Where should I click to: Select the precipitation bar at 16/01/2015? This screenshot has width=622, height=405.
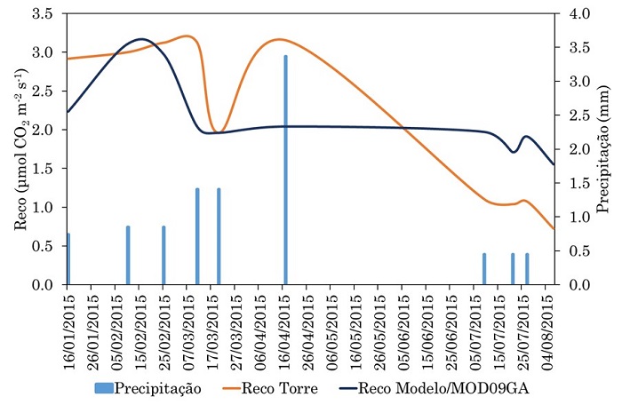pyautogui.click(x=68, y=259)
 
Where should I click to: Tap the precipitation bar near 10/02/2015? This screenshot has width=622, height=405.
pyautogui.click(x=128, y=256)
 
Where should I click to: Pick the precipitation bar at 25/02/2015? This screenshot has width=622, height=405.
pyautogui.click(x=163, y=256)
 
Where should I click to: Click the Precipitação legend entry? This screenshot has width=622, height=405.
pyautogui.click(x=146, y=388)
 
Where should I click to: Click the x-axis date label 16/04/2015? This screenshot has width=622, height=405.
pyautogui.click(x=283, y=330)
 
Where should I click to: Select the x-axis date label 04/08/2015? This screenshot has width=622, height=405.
pyautogui.click(x=548, y=330)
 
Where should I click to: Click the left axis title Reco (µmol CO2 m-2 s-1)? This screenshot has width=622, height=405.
pyautogui.click(x=21, y=148)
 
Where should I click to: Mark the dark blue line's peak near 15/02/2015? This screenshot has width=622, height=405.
pyautogui.click(x=141, y=39)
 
